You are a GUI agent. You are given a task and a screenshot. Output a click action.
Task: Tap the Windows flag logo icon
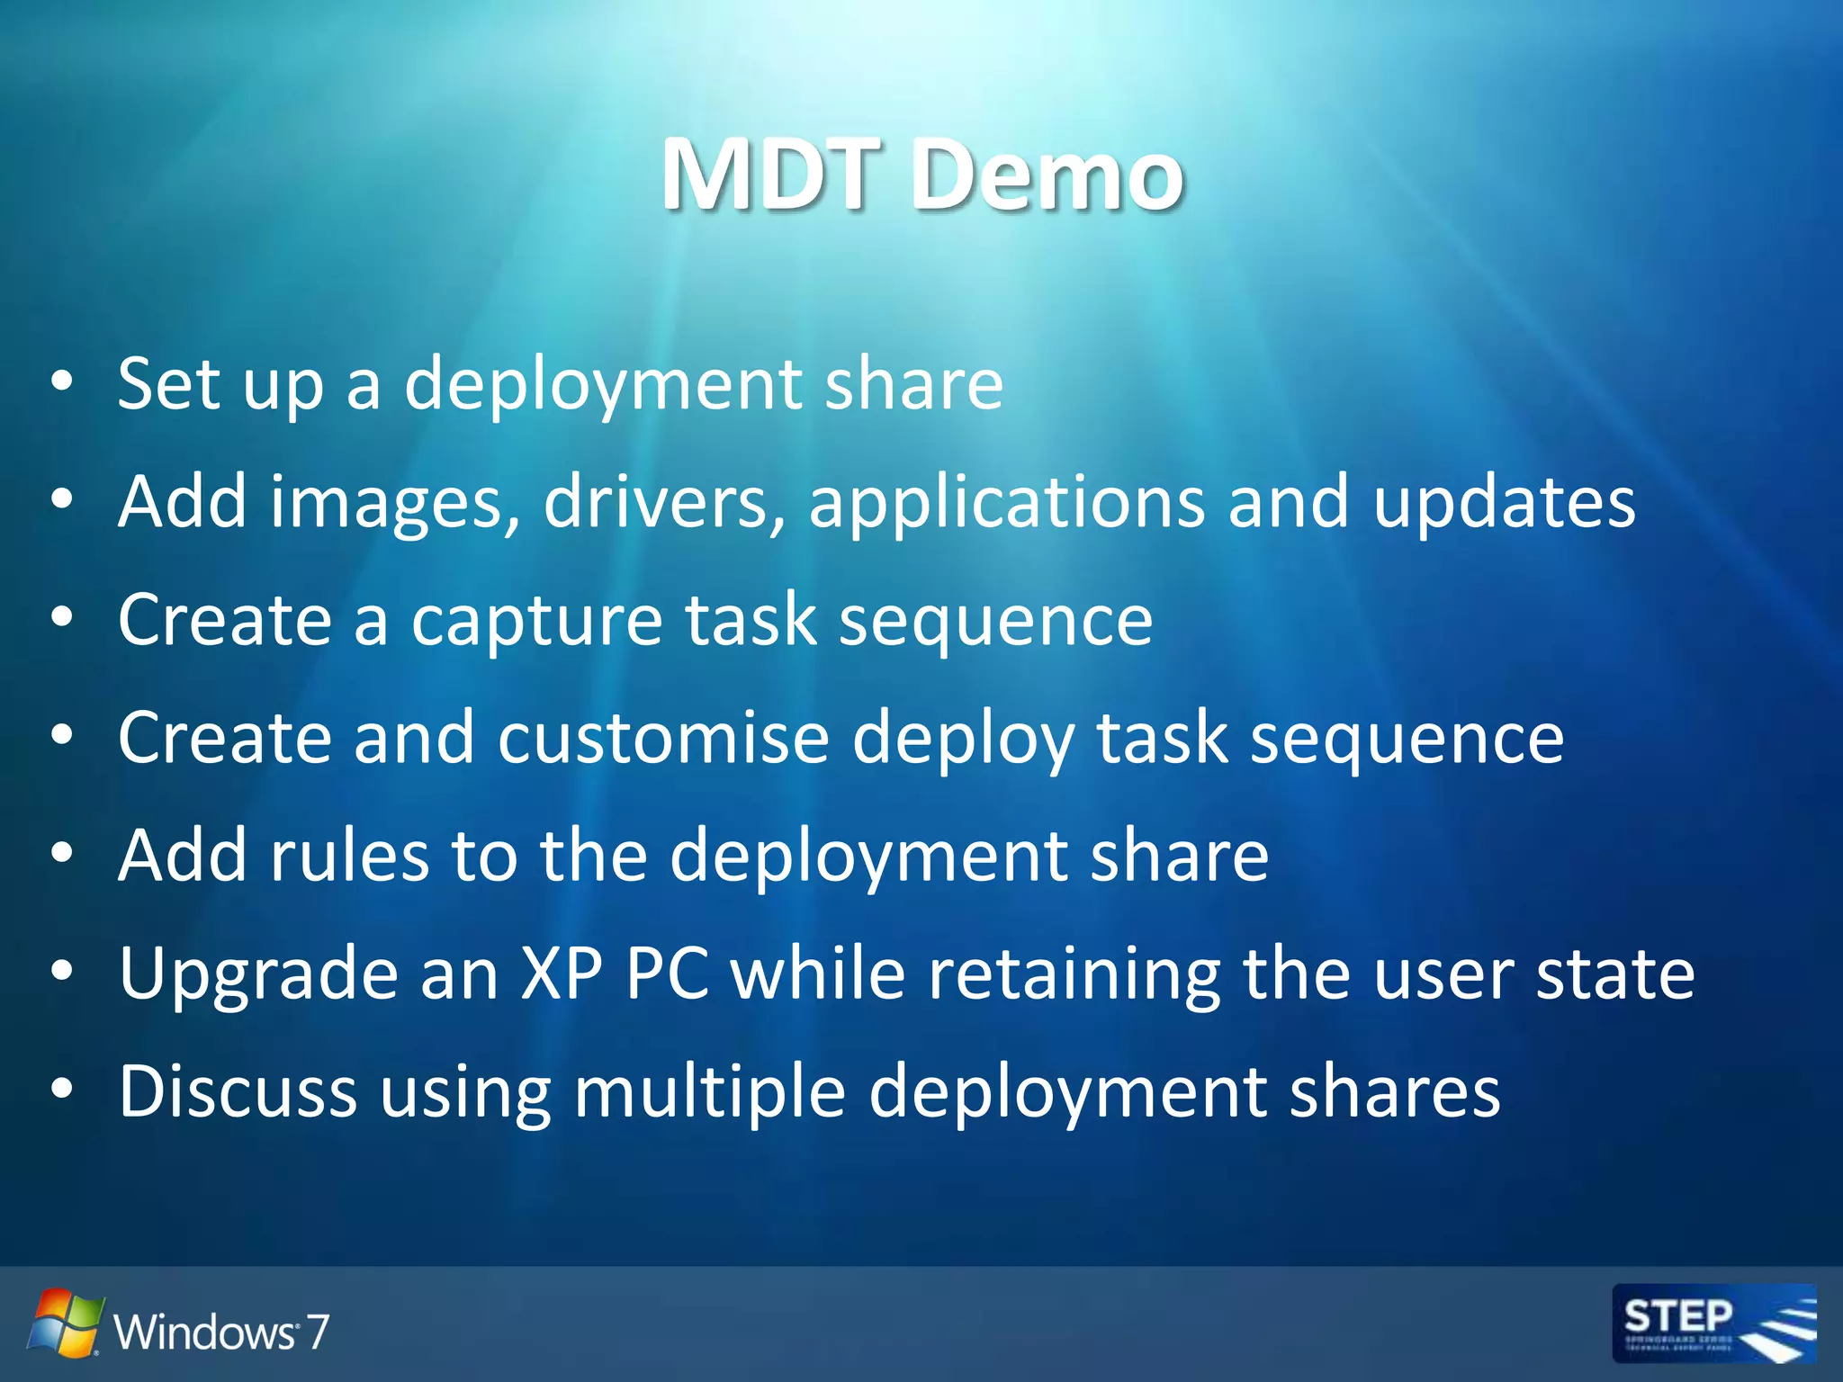coord(65,1323)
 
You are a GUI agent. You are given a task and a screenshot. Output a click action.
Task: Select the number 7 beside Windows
coord(317,1331)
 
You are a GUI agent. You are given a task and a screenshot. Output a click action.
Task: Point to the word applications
coord(1006,502)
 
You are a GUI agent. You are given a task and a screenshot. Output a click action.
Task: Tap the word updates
coord(1504,502)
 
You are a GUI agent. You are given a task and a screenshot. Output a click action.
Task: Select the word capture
coord(536,621)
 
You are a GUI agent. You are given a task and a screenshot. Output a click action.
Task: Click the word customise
coord(663,738)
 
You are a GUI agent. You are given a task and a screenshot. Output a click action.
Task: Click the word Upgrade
coord(258,975)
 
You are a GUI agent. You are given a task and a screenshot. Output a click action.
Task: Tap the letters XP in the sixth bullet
coord(562,974)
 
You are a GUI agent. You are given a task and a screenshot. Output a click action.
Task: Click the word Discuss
coord(238,1090)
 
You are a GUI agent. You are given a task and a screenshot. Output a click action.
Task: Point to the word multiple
coord(709,1092)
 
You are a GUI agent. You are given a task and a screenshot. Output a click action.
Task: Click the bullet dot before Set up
coord(61,381)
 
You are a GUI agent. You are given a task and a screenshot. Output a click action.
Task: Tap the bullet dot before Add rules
coord(61,854)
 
